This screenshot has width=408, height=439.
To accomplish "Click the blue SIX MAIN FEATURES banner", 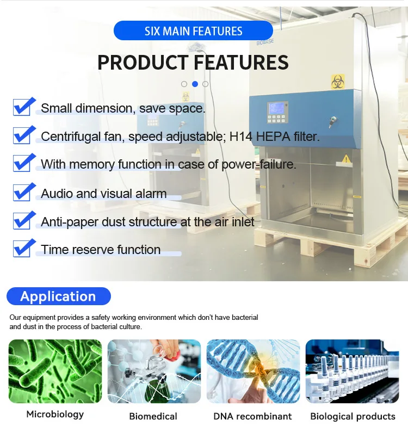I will [193, 30].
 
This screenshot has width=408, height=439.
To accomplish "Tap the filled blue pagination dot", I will [195, 84].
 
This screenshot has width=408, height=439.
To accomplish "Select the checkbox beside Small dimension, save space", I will [23, 107].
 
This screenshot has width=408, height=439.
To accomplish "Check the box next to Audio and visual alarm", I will [23, 191].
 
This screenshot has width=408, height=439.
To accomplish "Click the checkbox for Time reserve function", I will [23, 248].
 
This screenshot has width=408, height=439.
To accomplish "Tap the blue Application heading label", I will [58, 296].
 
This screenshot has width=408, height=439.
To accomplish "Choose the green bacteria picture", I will [55, 371].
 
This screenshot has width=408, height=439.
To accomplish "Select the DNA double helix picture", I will [253, 371].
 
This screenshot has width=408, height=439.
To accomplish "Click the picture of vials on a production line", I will [352, 371].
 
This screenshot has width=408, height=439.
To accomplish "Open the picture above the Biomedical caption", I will [154, 371].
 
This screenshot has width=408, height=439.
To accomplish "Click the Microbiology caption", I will [55, 415].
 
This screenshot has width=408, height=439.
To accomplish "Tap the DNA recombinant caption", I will [252, 416].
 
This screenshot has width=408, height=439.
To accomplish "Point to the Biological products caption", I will [353, 417].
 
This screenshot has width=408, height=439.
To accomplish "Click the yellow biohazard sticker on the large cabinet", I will [338, 82].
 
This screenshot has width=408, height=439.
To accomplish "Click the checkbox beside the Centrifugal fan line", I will [23, 135].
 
